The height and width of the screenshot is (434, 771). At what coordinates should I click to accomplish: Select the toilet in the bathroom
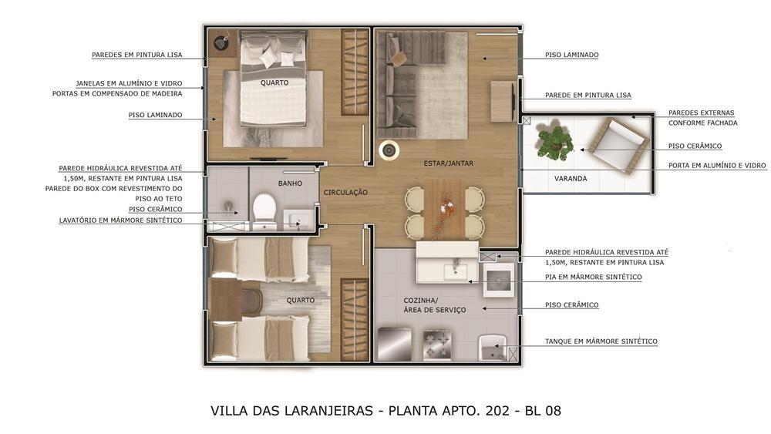[264, 211]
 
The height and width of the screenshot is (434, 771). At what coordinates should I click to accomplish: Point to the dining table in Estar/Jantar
[445, 208]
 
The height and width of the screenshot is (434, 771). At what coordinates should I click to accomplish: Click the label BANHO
[290, 183]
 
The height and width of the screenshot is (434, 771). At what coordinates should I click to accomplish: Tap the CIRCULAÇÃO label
[345, 193]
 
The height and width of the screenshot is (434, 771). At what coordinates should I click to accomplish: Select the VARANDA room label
[571, 178]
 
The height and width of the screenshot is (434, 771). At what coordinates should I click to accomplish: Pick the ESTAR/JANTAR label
[449, 163]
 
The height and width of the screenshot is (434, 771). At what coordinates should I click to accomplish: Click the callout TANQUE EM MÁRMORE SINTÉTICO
[601, 341]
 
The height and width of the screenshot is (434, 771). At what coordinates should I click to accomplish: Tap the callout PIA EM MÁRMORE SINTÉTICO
[593, 277]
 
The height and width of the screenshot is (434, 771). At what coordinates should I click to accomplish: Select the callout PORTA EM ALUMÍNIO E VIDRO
[717, 166]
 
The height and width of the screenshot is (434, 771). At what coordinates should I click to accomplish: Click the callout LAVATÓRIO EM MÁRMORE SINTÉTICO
[120, 220]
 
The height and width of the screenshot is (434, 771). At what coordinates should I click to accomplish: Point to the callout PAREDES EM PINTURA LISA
[137, 55]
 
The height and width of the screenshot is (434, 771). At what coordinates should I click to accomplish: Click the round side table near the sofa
[389, 150]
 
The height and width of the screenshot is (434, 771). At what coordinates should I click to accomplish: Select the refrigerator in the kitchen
[394, 345]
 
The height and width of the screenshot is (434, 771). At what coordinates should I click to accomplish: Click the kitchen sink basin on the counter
[456, 271]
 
